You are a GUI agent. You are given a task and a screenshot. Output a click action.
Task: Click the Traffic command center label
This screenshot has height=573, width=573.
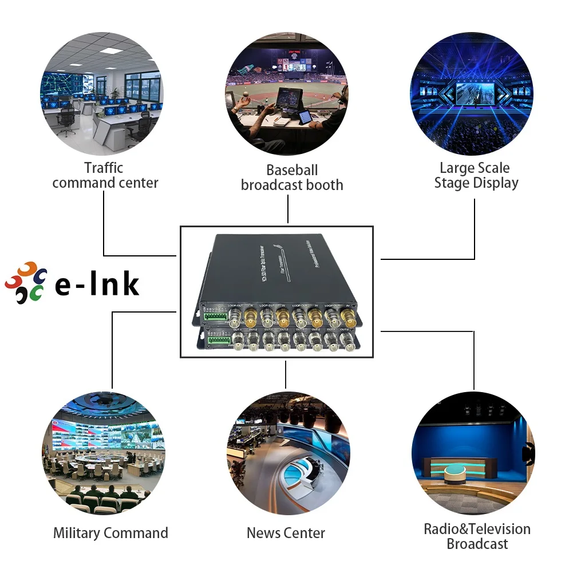tap(105, 176)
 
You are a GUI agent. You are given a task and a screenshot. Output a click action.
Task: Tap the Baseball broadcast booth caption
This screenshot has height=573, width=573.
tap(292, 177)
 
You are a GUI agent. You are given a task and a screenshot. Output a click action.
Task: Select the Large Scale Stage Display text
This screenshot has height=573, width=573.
tap(475, 176)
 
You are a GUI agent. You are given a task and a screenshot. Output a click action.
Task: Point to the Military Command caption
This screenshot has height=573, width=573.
tap(110, 533)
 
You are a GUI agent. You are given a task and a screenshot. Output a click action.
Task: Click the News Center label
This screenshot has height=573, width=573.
tap(286, 533)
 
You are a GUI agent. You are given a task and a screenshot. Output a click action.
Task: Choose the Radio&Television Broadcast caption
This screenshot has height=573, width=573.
tap(477, 536)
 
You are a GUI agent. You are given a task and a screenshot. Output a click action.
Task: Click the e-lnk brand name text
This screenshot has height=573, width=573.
tap(97, 284)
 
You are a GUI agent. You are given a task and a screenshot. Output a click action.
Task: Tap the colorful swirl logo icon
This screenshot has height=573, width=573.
tap(25, 283)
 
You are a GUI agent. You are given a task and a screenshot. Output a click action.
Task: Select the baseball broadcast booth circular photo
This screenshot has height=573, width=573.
tap(286, 94)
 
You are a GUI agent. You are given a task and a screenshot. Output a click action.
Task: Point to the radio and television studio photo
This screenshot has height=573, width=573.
tap(472, 453)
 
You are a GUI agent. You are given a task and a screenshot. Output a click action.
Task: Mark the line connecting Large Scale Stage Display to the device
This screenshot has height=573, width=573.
tap(475, 229)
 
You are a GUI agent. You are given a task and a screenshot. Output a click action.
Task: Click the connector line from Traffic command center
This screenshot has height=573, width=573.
tap(104, 223)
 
